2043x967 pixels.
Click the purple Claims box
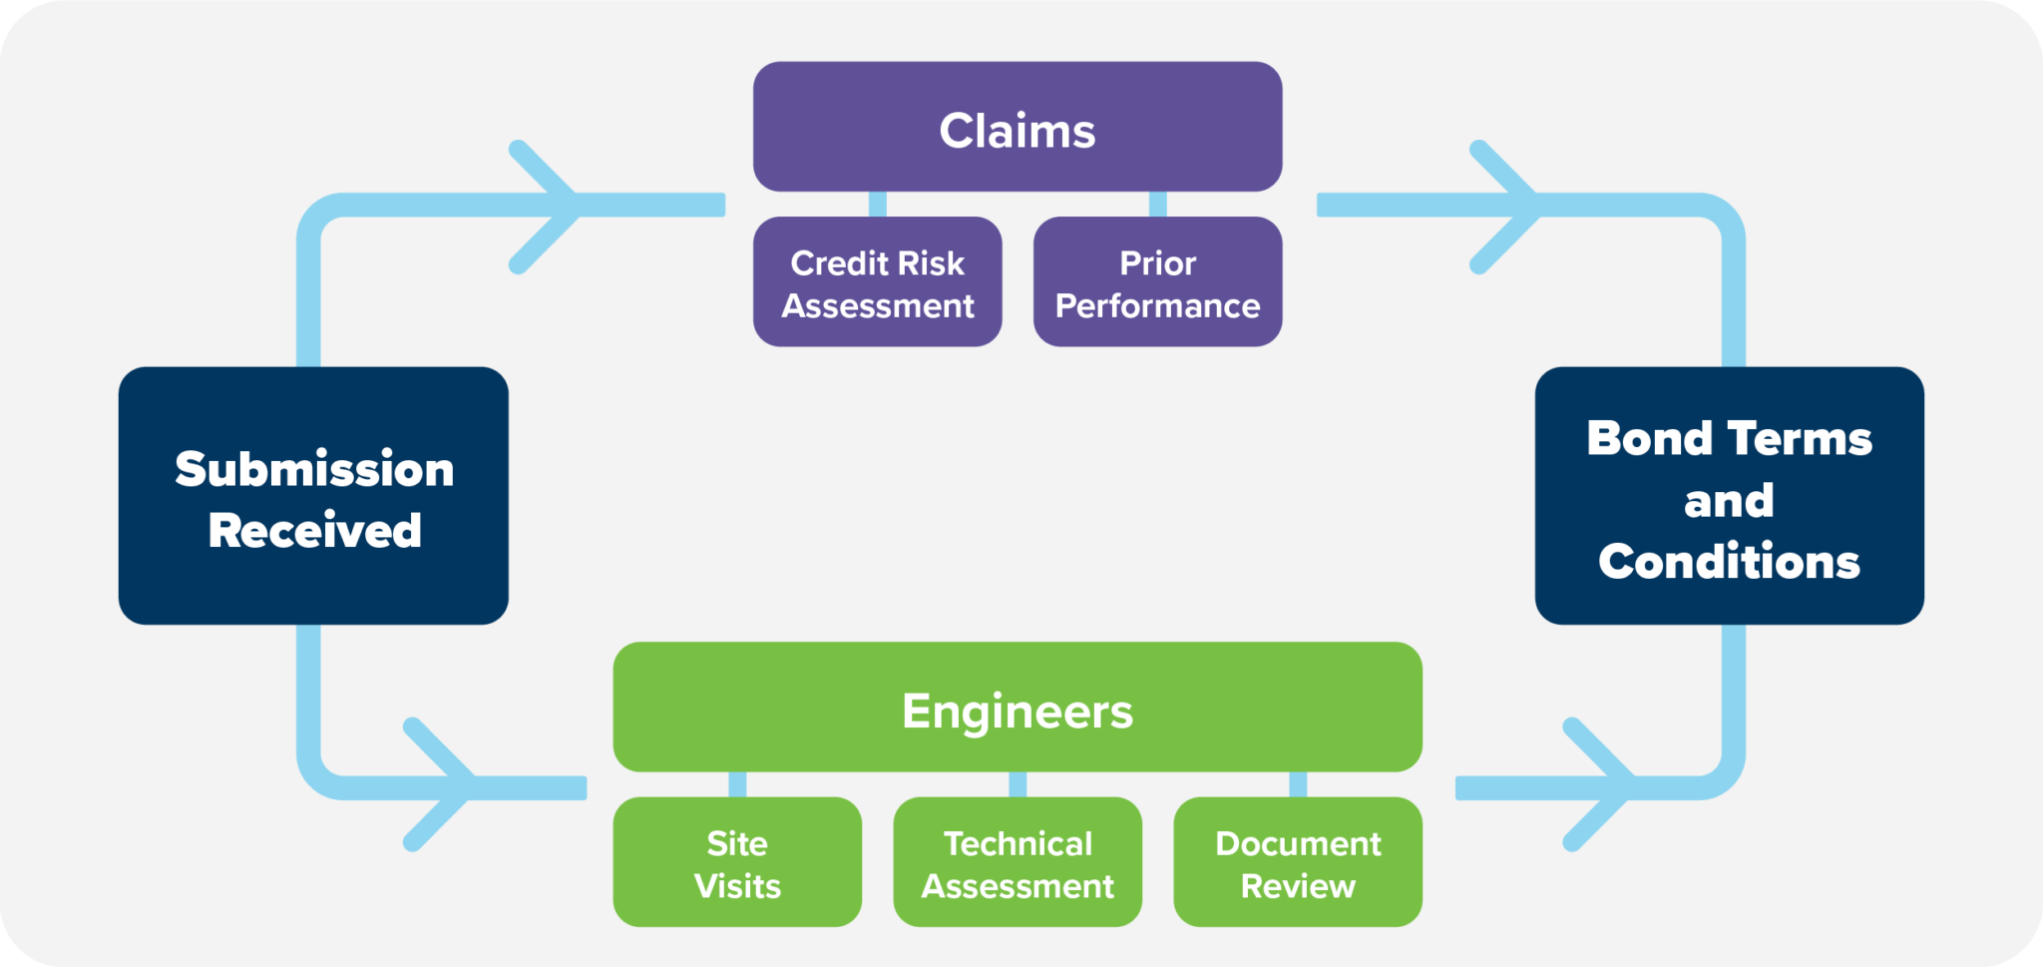pos(1018,127)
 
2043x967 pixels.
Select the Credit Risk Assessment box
pos(877,282)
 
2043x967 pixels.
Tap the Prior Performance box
pos(1157,282)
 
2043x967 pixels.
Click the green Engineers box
pos(1018,708)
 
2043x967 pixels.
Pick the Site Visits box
pos(737,862)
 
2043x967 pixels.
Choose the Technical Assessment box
pos(1018,862)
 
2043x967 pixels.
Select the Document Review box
pos(1298,862)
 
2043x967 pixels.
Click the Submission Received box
pos(313,496)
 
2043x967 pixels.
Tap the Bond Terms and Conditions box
pos(1729,496)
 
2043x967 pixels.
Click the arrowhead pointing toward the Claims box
pos(559,206)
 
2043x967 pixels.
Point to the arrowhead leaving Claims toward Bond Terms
pos(1518,206)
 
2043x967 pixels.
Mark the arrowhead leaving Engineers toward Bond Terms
pos(1612,785)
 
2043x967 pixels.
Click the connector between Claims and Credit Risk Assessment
pos(878,205)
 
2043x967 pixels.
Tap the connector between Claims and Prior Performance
pos(1157,205)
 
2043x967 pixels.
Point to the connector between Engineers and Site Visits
pos(737,784)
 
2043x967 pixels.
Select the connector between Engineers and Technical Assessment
pos(1018,784)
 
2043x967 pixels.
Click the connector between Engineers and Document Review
pos(1298,784)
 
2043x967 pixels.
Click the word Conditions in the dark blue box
pos(1729,562)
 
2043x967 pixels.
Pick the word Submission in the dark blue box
pos(314,469)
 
